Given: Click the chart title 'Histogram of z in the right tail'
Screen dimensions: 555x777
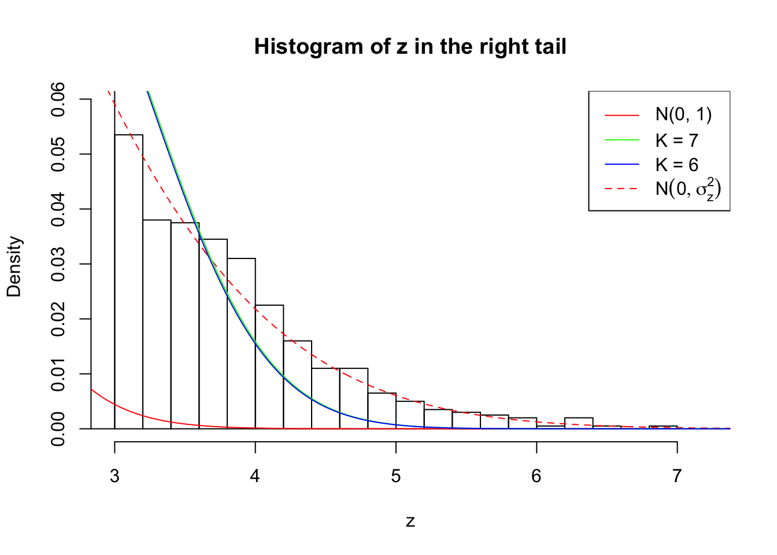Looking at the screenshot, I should (410, 47).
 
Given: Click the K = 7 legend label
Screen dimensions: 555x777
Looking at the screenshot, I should (676, 140).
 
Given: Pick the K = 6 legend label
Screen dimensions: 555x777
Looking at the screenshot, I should (676, 165).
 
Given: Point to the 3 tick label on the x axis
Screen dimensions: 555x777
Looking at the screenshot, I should (114, 476).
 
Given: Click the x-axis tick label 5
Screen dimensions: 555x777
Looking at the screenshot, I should (396, 476).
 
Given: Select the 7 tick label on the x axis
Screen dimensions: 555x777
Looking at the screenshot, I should (677, 476).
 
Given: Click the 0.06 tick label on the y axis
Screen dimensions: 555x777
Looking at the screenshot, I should (58, 99).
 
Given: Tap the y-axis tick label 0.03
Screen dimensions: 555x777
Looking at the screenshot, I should (58, 264).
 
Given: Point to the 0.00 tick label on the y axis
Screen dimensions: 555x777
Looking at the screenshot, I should (58, 429).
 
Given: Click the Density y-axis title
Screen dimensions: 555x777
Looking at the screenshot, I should (14, 267).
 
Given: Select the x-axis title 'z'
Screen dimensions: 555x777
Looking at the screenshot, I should (410, 521).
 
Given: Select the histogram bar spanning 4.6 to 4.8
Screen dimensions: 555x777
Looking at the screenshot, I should (354, 399).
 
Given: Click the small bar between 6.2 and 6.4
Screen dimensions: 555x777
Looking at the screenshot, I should (579, 423).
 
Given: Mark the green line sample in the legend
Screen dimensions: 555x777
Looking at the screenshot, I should (622, 140).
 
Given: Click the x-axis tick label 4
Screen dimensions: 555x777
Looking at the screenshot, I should (255, 476).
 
